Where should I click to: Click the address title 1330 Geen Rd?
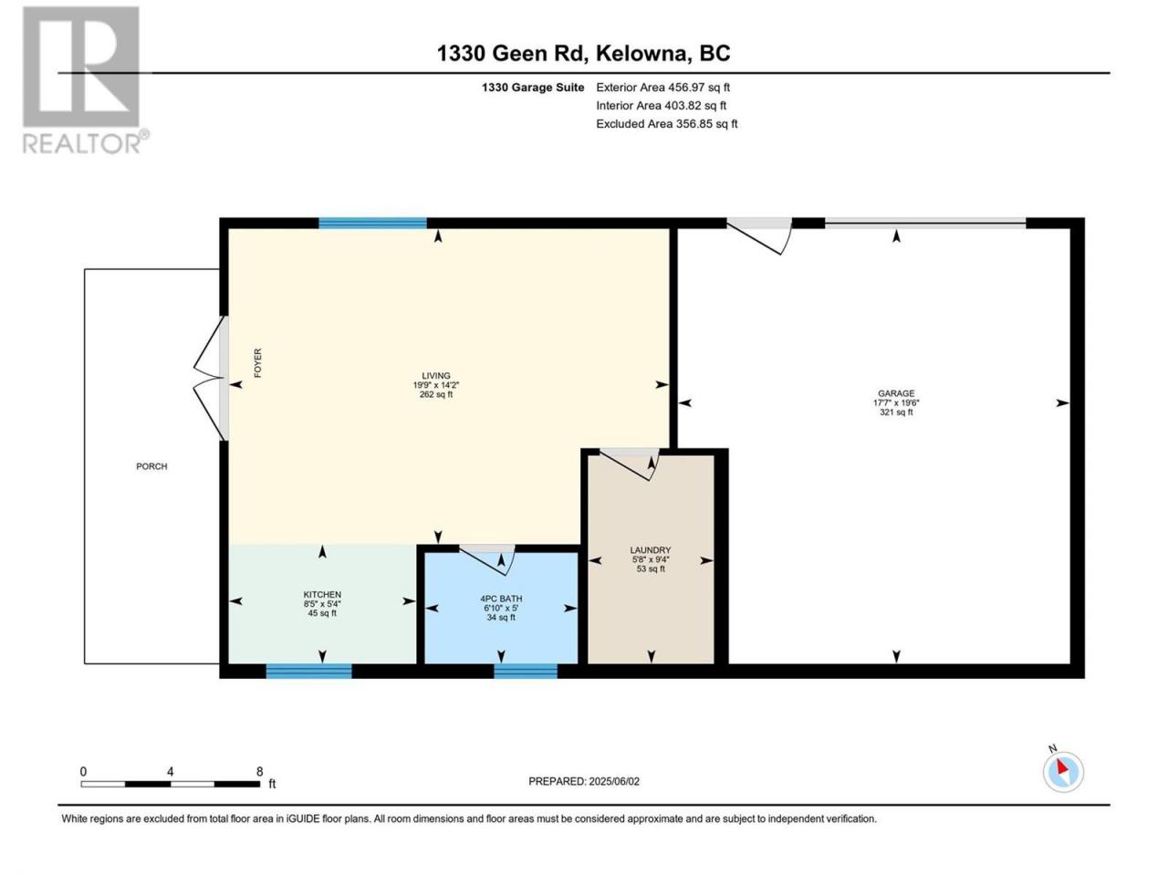point(583,53)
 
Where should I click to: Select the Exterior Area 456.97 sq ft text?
point(662,88)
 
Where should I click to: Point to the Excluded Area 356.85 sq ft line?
point(666,124)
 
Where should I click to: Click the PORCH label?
point(151,466)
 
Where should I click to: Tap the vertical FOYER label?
point(258,363)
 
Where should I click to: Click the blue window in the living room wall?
point(372,223)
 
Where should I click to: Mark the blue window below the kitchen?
point(308,672)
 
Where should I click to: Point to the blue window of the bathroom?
point(526,672)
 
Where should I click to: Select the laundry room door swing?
point(630,464)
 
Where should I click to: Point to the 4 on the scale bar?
point(171,772)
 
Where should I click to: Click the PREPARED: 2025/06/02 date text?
point(584,781)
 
